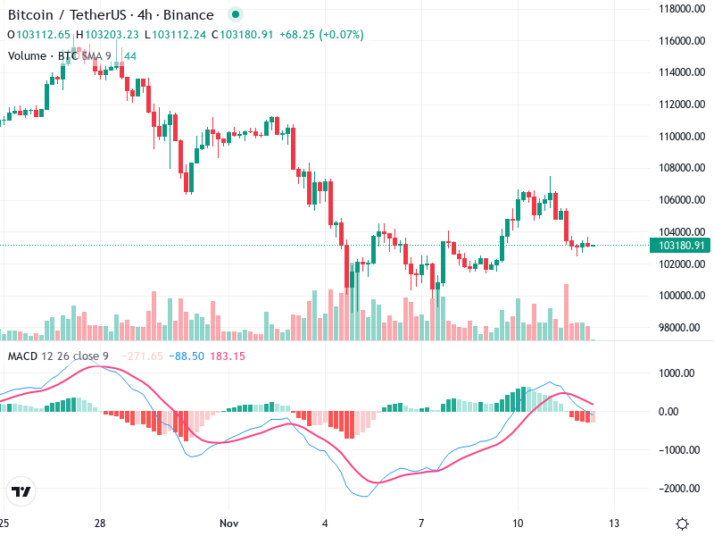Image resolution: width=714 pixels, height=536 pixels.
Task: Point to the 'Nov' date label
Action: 229,523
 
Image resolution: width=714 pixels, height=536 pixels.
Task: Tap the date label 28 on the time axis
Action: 100,523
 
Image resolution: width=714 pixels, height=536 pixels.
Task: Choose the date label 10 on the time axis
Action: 518,523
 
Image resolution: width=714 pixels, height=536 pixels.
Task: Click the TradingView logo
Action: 21,491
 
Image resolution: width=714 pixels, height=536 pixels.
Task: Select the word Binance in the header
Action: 190,15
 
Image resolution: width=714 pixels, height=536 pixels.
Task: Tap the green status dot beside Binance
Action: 235,15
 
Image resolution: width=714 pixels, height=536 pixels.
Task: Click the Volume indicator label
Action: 27,55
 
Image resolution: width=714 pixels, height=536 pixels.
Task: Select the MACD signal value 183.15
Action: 228,356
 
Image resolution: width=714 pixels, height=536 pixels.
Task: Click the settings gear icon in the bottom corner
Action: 682,523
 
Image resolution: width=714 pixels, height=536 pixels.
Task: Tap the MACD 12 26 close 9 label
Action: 58,356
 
